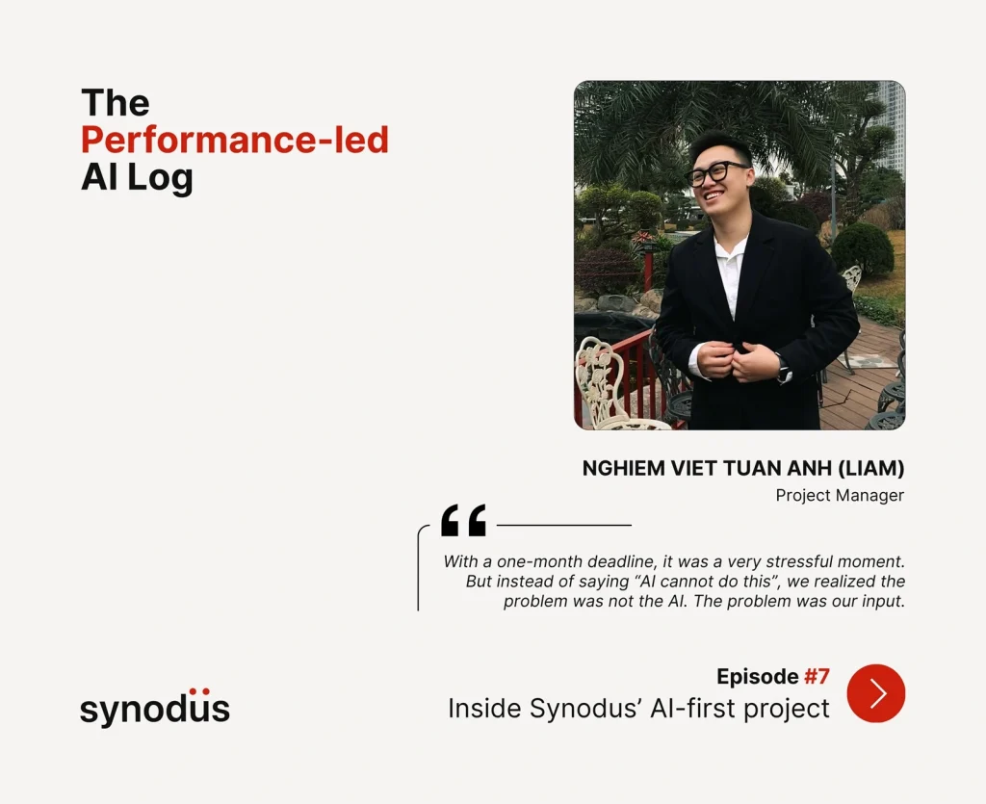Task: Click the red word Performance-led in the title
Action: (x=235, y=140)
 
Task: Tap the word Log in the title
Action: (x=160, y=178)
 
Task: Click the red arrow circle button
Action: (x=876, y=693)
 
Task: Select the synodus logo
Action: (x=155, y=708)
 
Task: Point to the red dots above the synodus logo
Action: (x=199, y=691)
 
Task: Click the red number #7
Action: (x=817, y=676)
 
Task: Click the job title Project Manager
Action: (x=840, y=495)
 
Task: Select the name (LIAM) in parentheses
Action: (x=870, y=468)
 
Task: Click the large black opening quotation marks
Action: (x=463, y=520)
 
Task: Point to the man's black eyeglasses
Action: (x=716, y=173)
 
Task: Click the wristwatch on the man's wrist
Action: (x=784, y=369)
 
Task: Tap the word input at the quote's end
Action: (x=883, y=602)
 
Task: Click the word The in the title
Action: (x=116, y=102)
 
